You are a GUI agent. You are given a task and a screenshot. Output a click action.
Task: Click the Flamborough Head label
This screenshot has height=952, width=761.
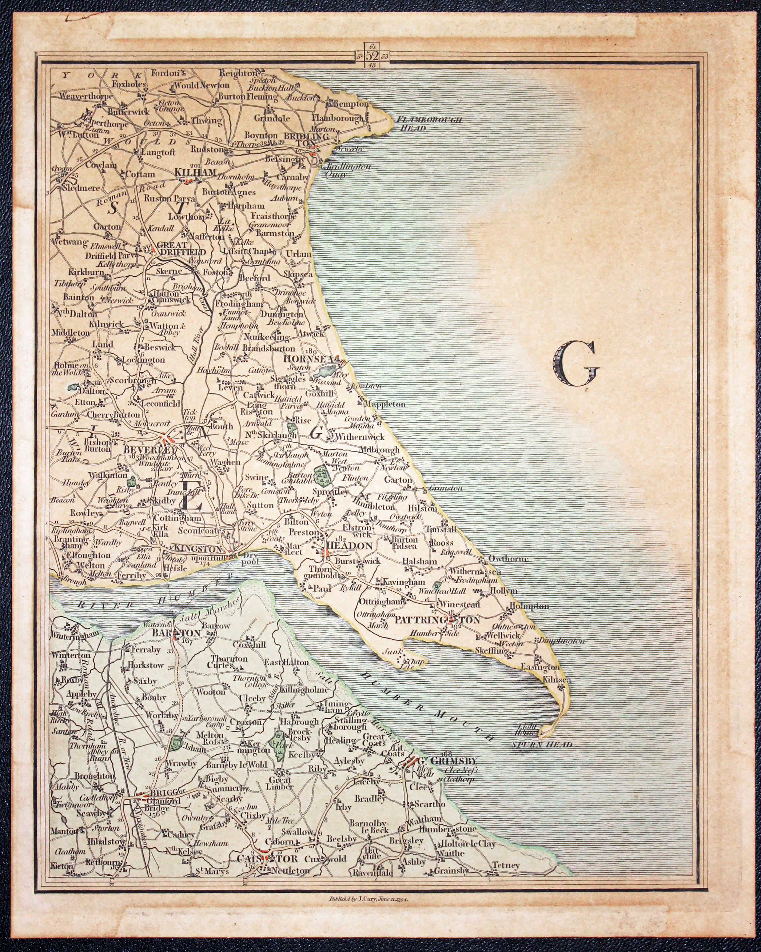coord(429,124)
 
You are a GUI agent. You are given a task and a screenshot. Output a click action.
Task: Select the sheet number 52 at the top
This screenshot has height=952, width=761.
coord(372,56)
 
